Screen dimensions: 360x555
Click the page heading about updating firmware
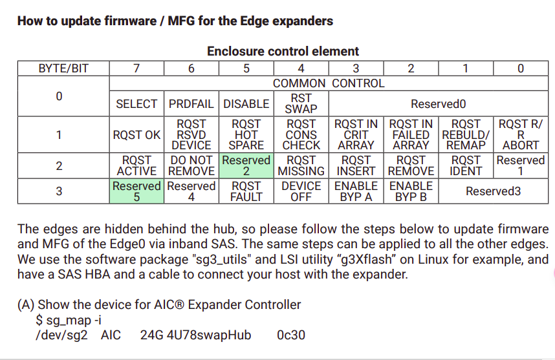pyautogui.click(x=175, y=21)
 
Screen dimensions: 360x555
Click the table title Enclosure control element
pyautogui.click(x=283, y=51)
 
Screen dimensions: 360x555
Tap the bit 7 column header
pyautogui.click(x=136, y=69)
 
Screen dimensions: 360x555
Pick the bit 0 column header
pyautogui.click(x=521, y=69)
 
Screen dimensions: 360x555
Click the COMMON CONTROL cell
pyautogui.click(x=329, y=83)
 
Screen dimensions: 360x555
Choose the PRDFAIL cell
pyautogui.click(x=191, y=103)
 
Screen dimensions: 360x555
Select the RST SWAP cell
pyautogui.click(x=301, y=103)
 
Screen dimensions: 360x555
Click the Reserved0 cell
pyautogui.click(x=438, y=103)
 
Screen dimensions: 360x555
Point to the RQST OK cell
pyautogui.click(x=136, y=135)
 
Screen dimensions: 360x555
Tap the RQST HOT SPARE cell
pyautogui.click(x=246, y=135)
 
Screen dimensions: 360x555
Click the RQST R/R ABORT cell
pyautogui.click(x=521, y=135)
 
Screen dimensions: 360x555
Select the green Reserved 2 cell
pyautogui.click(x=246, y=165)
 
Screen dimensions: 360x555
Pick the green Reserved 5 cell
pyautogui.click(x=136, y=191)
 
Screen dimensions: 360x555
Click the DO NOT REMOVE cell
pyautogui.click(x=191, y=165)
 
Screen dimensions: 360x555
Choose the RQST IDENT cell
pyautogui.click(x=466, y=165)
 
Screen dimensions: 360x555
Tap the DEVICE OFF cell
pyautogui.click(x=301, y=191)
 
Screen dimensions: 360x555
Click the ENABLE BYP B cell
pyautogui.click(x=411, y=191)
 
